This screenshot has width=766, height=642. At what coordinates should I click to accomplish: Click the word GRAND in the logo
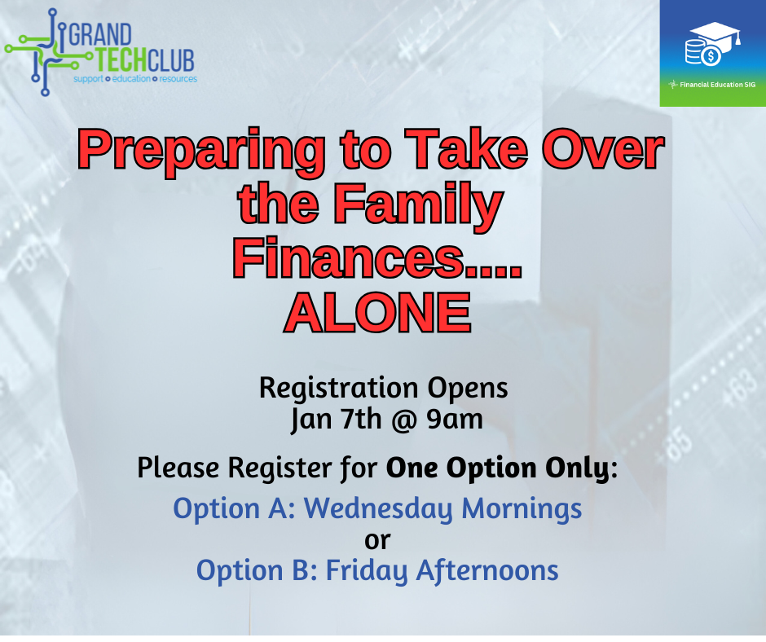[x=100, y=35]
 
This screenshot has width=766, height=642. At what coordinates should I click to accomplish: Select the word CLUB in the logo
[x=171, y=60]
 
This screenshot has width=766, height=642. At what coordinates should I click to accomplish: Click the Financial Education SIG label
[x=718, y=85]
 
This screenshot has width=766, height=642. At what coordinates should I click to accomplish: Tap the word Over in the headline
[x=603, y=149]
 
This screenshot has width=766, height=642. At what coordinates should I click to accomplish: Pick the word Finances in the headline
[x=348, y=257]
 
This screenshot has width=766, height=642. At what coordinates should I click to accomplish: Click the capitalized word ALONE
[x=377, y=312]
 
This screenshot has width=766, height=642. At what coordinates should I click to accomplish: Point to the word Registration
[x=338, y=389]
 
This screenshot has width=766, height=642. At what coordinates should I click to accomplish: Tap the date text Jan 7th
[x=336, y=420]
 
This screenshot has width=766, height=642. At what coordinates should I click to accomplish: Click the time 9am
[x=455, y=420]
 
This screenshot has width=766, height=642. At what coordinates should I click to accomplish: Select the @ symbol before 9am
[x=403, y=420]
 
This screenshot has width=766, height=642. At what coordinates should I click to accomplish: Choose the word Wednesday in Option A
[x=379, y=508]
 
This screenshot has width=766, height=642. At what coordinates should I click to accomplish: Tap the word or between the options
[x=377, y=540]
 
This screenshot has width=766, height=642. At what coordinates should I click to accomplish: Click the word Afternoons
[x=487, y=570]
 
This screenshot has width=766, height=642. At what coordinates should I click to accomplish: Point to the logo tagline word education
[x=131, y=79]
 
